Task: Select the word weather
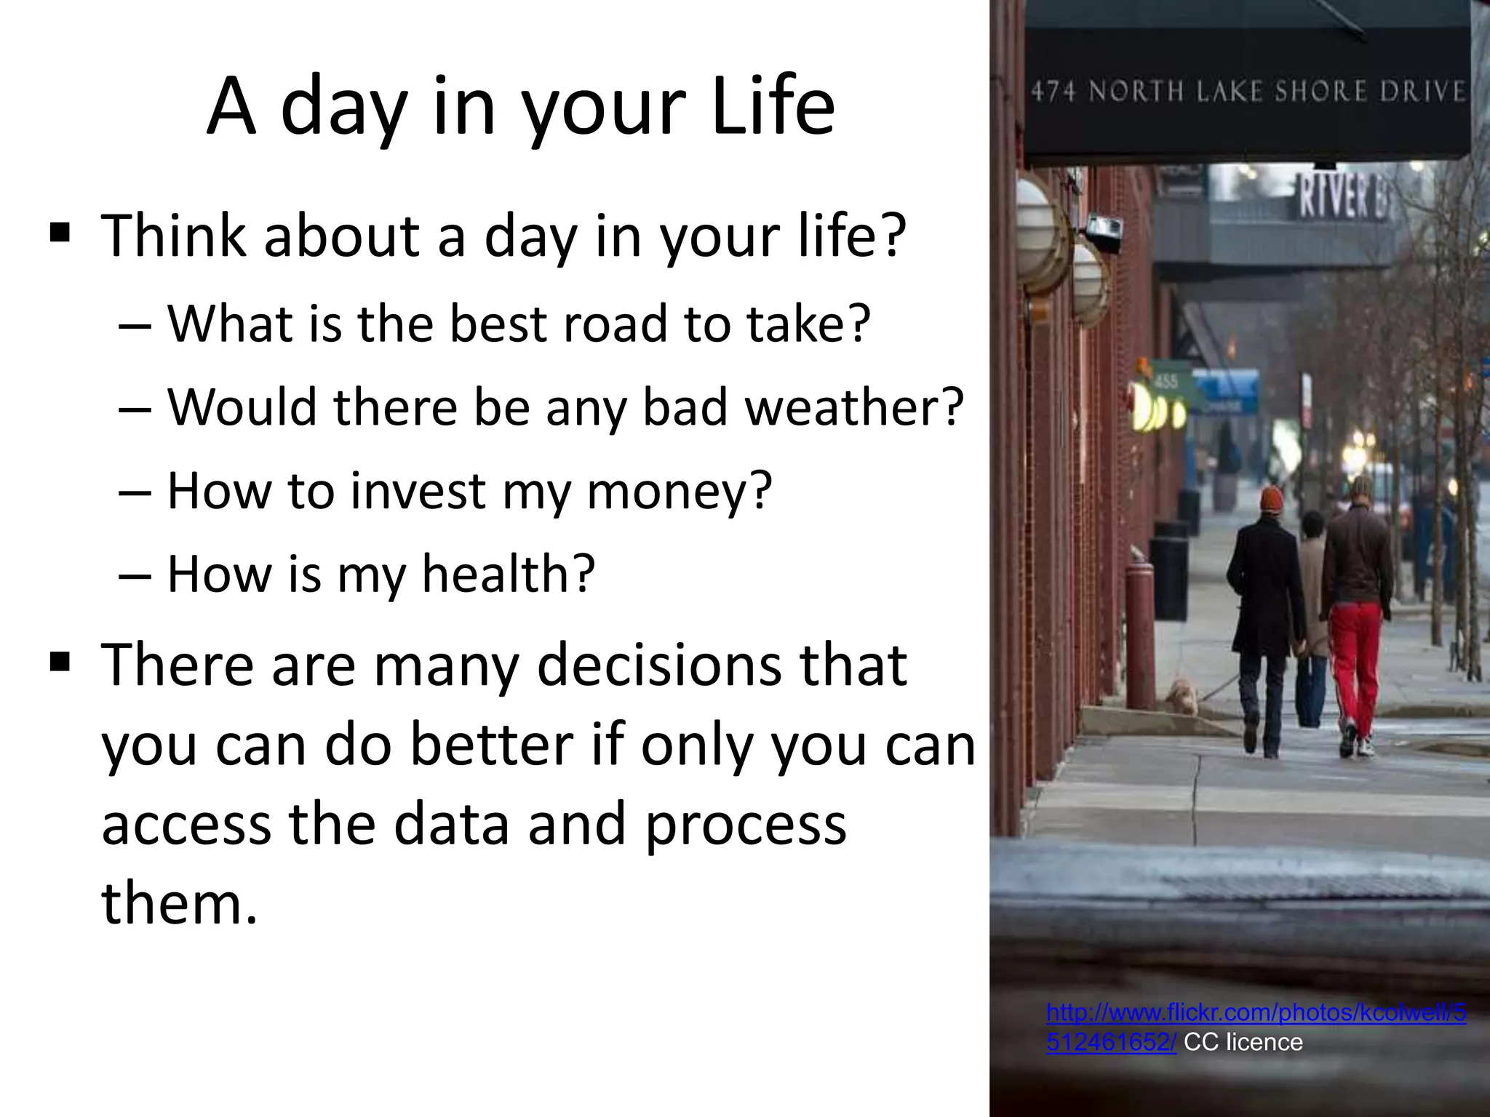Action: tap(853, 407)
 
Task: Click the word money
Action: tap(678, 491)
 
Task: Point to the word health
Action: tap(508, 574)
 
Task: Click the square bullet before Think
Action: tap(60, 234)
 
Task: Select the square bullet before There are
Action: tap(60, 662)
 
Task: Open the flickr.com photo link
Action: tap(1256, 1012)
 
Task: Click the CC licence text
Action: tap(1243, 1042)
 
